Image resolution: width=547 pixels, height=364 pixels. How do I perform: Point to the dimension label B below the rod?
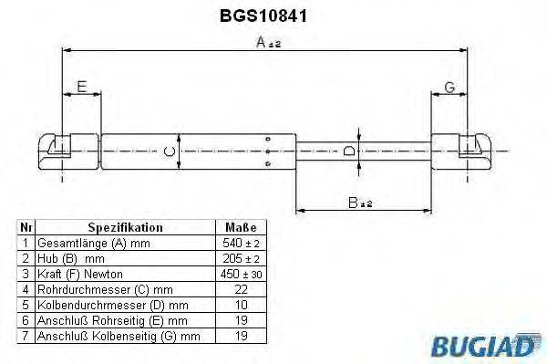[356, 203]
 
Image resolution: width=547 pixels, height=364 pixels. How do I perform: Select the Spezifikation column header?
[125, 227]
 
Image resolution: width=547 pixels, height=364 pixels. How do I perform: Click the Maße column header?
[241, 227]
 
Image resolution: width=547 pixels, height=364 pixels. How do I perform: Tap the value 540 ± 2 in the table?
[241, 244]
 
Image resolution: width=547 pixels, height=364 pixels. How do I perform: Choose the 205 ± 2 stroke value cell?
[241, 259]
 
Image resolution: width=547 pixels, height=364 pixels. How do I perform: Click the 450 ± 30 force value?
[241, 274]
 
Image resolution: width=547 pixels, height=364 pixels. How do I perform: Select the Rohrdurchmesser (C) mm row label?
[98, 289]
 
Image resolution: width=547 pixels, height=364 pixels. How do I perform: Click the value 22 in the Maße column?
[241, 289]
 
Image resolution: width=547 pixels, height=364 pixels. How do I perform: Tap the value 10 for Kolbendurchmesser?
[241, 305]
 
